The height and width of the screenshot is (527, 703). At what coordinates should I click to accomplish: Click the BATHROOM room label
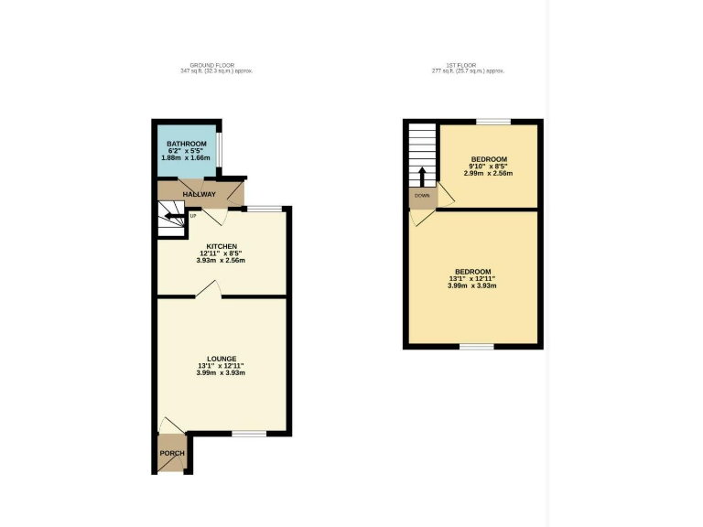pyautogui.click(x=186, y=144)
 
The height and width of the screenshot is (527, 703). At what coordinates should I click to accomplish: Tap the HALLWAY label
pyautogui.click(x=199, y=195)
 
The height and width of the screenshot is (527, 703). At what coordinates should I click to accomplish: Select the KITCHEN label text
pyautogui.click(x=222, y=247)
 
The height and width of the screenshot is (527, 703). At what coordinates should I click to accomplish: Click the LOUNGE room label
pyautogui.click(x=222, y=359)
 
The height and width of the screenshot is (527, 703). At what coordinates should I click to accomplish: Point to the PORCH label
pyautogui.click(x=172, y=454)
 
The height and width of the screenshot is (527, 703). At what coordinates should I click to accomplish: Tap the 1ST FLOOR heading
pyautogui.click(x=468, y=66)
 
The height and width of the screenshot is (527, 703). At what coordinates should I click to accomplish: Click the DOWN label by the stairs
pyautogui.click(x=422, y=196)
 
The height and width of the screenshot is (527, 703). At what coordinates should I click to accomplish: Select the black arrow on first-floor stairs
pyautogui.click(x=422, y=175)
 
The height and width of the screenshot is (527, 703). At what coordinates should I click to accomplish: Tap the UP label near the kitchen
pyautogui.click(x=193, y=216)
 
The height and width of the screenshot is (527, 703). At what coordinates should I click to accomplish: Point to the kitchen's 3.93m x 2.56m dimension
pyautogui.click(x=222, y=261)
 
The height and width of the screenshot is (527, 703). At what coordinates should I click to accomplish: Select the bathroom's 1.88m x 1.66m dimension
pyautogui.click(x=186, y=158)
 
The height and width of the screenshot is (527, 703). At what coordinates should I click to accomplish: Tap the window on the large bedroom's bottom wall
pyautogui.click(x=476, y=346)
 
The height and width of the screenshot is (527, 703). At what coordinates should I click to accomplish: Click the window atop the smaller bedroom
pyautogui.click(x=492, y=122)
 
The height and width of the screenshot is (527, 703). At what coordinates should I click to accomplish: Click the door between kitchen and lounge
pyautogui.click(x=207, y=292)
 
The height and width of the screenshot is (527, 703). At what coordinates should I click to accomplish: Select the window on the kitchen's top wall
pyautogui.click(x=265, y=209)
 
